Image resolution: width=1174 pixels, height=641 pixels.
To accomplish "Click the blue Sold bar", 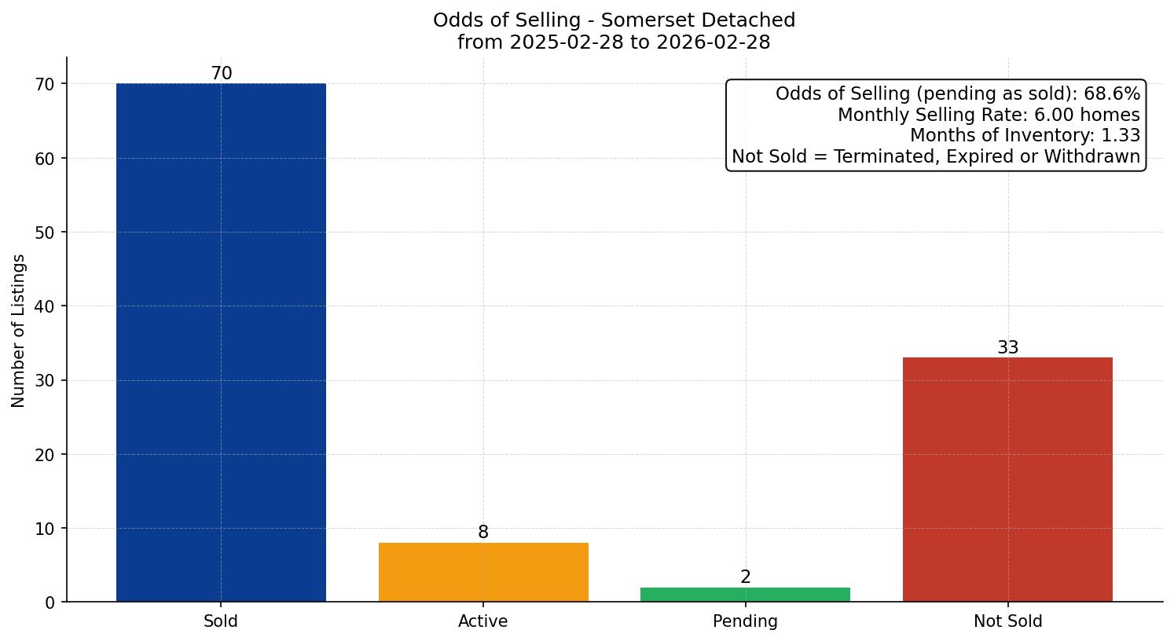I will pyautogui.click(x=221, y=342).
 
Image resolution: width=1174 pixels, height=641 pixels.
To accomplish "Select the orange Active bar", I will pyautogui.click(x=483, y=572).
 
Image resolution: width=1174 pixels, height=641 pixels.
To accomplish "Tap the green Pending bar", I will pyautogui.click(x=745, y=595).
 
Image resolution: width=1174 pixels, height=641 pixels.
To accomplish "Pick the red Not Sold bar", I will pyautogui.click(x=1007, y=479).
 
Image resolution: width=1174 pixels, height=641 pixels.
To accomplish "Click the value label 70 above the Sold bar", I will pyautogui.click(x=222, y=74).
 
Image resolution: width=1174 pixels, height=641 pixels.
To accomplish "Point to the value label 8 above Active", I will pyautogui.click(x=483, y=533).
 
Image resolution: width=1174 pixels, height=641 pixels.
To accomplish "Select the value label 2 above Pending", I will pyautogui.click(x=745, y=577).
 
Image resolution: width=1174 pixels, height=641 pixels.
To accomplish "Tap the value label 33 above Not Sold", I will pyautogui.click(x=1007, y=348).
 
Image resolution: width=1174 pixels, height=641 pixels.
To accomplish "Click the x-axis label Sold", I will pyautogui.click(x=221, y=621).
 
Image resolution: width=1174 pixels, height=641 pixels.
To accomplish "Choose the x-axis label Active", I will pyautogui.click(x=483, y=621).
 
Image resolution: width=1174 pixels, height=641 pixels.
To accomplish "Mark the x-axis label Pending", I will pyautogui.click(x=745, y=621).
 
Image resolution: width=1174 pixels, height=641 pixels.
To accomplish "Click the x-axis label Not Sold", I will pyautogui.click(x=1007, y=621).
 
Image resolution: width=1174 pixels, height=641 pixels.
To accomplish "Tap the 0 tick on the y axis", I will pyautogui.click(x=51, y=603).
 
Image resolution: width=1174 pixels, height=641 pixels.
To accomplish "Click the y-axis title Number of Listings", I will pyautogui.click(x=19, y=331).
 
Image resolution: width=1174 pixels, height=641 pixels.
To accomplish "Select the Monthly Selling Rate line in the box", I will pyautogui.click(x=988, y=115).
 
